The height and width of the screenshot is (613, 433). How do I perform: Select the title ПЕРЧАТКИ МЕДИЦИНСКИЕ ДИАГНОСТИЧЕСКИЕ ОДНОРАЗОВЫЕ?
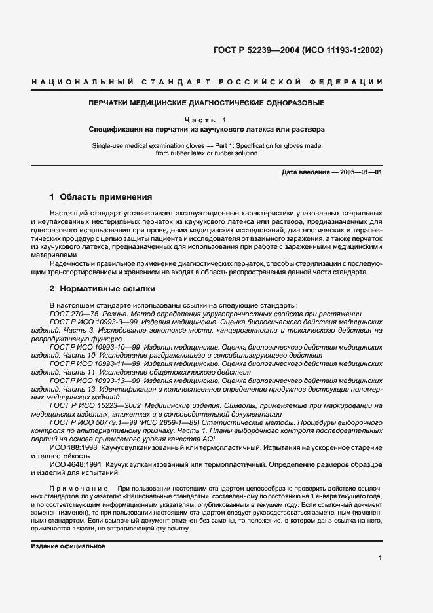[x=206, y=103]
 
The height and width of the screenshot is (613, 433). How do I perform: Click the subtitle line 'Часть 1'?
[x=206, y=120]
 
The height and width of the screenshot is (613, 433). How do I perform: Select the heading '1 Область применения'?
[x=101, y=196]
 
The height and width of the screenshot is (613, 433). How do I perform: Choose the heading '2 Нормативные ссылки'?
[x=98, y=288]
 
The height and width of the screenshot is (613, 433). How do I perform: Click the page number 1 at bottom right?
[x=380, y=557]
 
